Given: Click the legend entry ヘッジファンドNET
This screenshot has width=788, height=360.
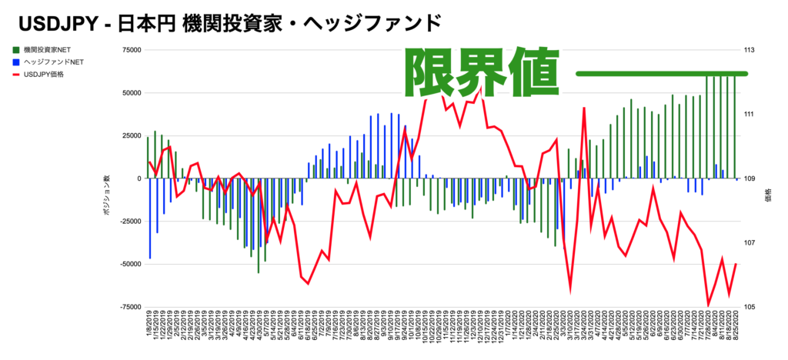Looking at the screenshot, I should (58, 62).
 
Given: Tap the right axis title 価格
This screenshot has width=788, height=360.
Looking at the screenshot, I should (769, 195).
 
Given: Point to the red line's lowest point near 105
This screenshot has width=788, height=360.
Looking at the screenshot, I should (708, 305).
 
